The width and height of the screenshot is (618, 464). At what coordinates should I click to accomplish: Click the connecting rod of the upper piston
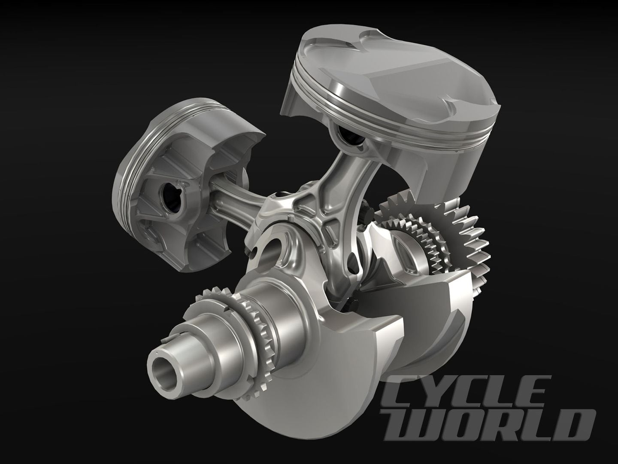[x=326, y=185]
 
